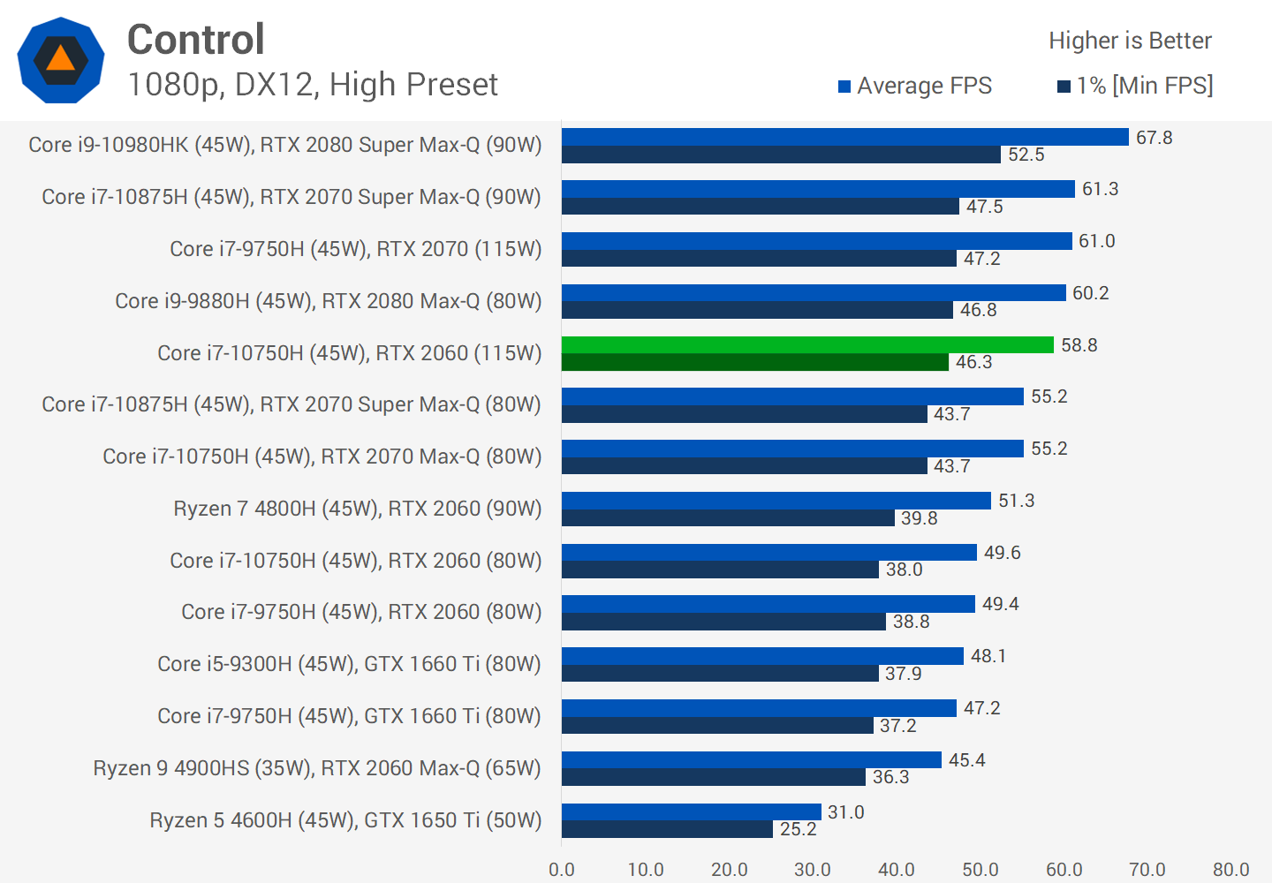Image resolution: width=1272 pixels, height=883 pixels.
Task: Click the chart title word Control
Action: point(196,40)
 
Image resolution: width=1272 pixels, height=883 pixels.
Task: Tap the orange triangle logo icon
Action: point(60,59)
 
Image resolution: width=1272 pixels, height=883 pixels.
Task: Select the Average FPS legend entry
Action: point(915,86)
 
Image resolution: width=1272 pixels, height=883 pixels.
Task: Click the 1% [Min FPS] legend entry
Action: point(1135,86)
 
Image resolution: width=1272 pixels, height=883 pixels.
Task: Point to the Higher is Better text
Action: point(1130,41)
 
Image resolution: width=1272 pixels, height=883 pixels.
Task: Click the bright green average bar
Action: point(807,344)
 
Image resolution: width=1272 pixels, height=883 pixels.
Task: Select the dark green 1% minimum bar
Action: point(754,362)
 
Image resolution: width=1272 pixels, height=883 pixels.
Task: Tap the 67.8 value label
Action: point(1154,138)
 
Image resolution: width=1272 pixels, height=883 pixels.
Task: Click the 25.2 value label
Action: point(798,829)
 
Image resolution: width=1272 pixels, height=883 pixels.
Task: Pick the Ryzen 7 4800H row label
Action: point(358,509)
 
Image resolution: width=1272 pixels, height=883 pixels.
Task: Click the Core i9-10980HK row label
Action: point(285,145)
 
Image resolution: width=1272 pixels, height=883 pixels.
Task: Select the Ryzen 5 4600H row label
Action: point(345,820)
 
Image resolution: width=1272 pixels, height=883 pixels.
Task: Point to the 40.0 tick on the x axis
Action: point(896,870)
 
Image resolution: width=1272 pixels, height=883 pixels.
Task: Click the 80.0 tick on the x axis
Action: point(1230,870)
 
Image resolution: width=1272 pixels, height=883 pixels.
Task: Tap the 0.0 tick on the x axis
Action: point(562,870)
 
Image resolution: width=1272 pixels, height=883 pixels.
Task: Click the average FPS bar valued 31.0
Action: point(691,811)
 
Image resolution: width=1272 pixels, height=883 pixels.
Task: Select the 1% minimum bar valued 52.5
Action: point(781,155)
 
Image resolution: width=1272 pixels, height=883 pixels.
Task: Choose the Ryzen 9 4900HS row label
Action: point(317,768)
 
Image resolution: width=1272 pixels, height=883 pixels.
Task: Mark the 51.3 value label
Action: point(1016,501)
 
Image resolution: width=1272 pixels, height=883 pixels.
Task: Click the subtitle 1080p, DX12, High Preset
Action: point(313,85)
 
